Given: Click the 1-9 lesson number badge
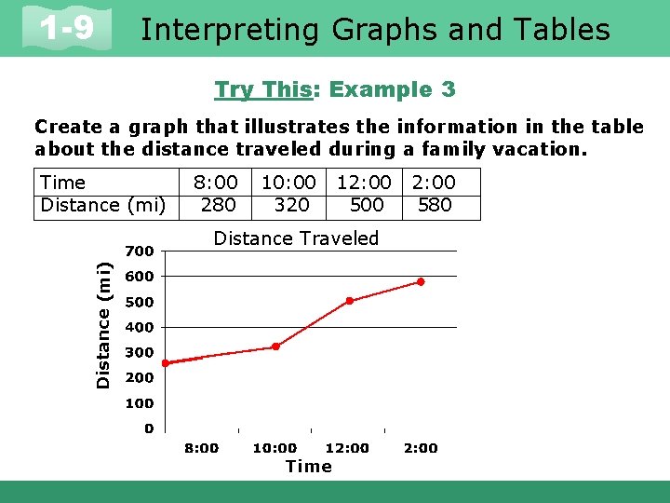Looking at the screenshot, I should click(67, 29).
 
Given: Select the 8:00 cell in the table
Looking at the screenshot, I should click(215, 183).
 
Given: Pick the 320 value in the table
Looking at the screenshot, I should click(291, 205).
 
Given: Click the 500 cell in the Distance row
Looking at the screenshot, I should click(366, 205).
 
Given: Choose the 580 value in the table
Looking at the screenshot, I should click(435, 205).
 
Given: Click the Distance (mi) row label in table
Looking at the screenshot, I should click(102, 205).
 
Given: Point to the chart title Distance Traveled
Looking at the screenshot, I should click(296, 238).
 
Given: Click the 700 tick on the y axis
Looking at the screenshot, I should click(140, 251).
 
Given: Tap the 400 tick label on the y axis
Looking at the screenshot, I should click(140, 328).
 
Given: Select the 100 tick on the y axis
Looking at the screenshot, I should click(140, 404).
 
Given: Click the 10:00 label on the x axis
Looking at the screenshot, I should click(275, 448).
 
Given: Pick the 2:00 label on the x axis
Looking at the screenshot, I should click(421, 448).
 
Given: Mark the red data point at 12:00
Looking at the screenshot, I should click(349, 301).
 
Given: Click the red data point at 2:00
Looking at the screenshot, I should click(421, 281).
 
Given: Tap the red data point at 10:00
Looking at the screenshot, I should click(275, 347).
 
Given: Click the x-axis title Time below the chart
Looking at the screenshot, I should click(308, 467).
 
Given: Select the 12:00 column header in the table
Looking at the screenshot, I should click(364, 183).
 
